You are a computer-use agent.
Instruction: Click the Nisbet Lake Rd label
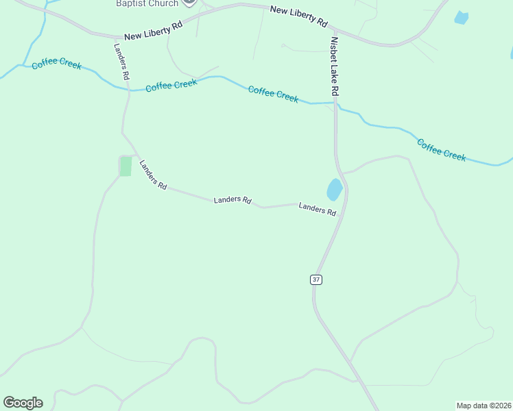tap(335, 66)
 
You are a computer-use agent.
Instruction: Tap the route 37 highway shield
tap(315, 279)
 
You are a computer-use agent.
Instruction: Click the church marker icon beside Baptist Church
tap(190, 3)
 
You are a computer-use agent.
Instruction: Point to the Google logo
tap(23, 403)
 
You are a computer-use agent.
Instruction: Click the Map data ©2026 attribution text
tap(484, 405)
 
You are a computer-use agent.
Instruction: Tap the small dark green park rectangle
tap(126, 166)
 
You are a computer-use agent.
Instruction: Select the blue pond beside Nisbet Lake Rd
tap(334, 189)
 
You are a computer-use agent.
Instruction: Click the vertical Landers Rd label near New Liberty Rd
tap(121, 61)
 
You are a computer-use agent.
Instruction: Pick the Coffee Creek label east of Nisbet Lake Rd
tap(441, 150)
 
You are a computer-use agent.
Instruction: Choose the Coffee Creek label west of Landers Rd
tap(57, 64)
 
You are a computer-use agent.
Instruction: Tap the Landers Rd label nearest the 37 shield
tap(317, 209)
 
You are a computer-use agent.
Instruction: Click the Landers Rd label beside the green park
tap(153, 175)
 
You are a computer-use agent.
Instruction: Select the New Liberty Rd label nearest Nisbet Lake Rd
tap(298, 16)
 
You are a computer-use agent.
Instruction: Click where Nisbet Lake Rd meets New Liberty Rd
tap(333, 30)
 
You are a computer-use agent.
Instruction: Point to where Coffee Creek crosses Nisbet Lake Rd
tap(335, 104)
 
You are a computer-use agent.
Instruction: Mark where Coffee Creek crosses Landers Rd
tap(128, 90)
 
